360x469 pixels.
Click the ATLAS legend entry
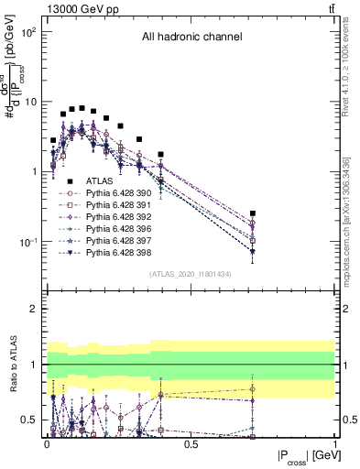point(99,181)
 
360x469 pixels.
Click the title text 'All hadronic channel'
point(191,38)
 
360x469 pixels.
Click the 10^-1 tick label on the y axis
point(27,242)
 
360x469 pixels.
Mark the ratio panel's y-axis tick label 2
point(35,309)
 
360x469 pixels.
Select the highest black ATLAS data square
point(82,107)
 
